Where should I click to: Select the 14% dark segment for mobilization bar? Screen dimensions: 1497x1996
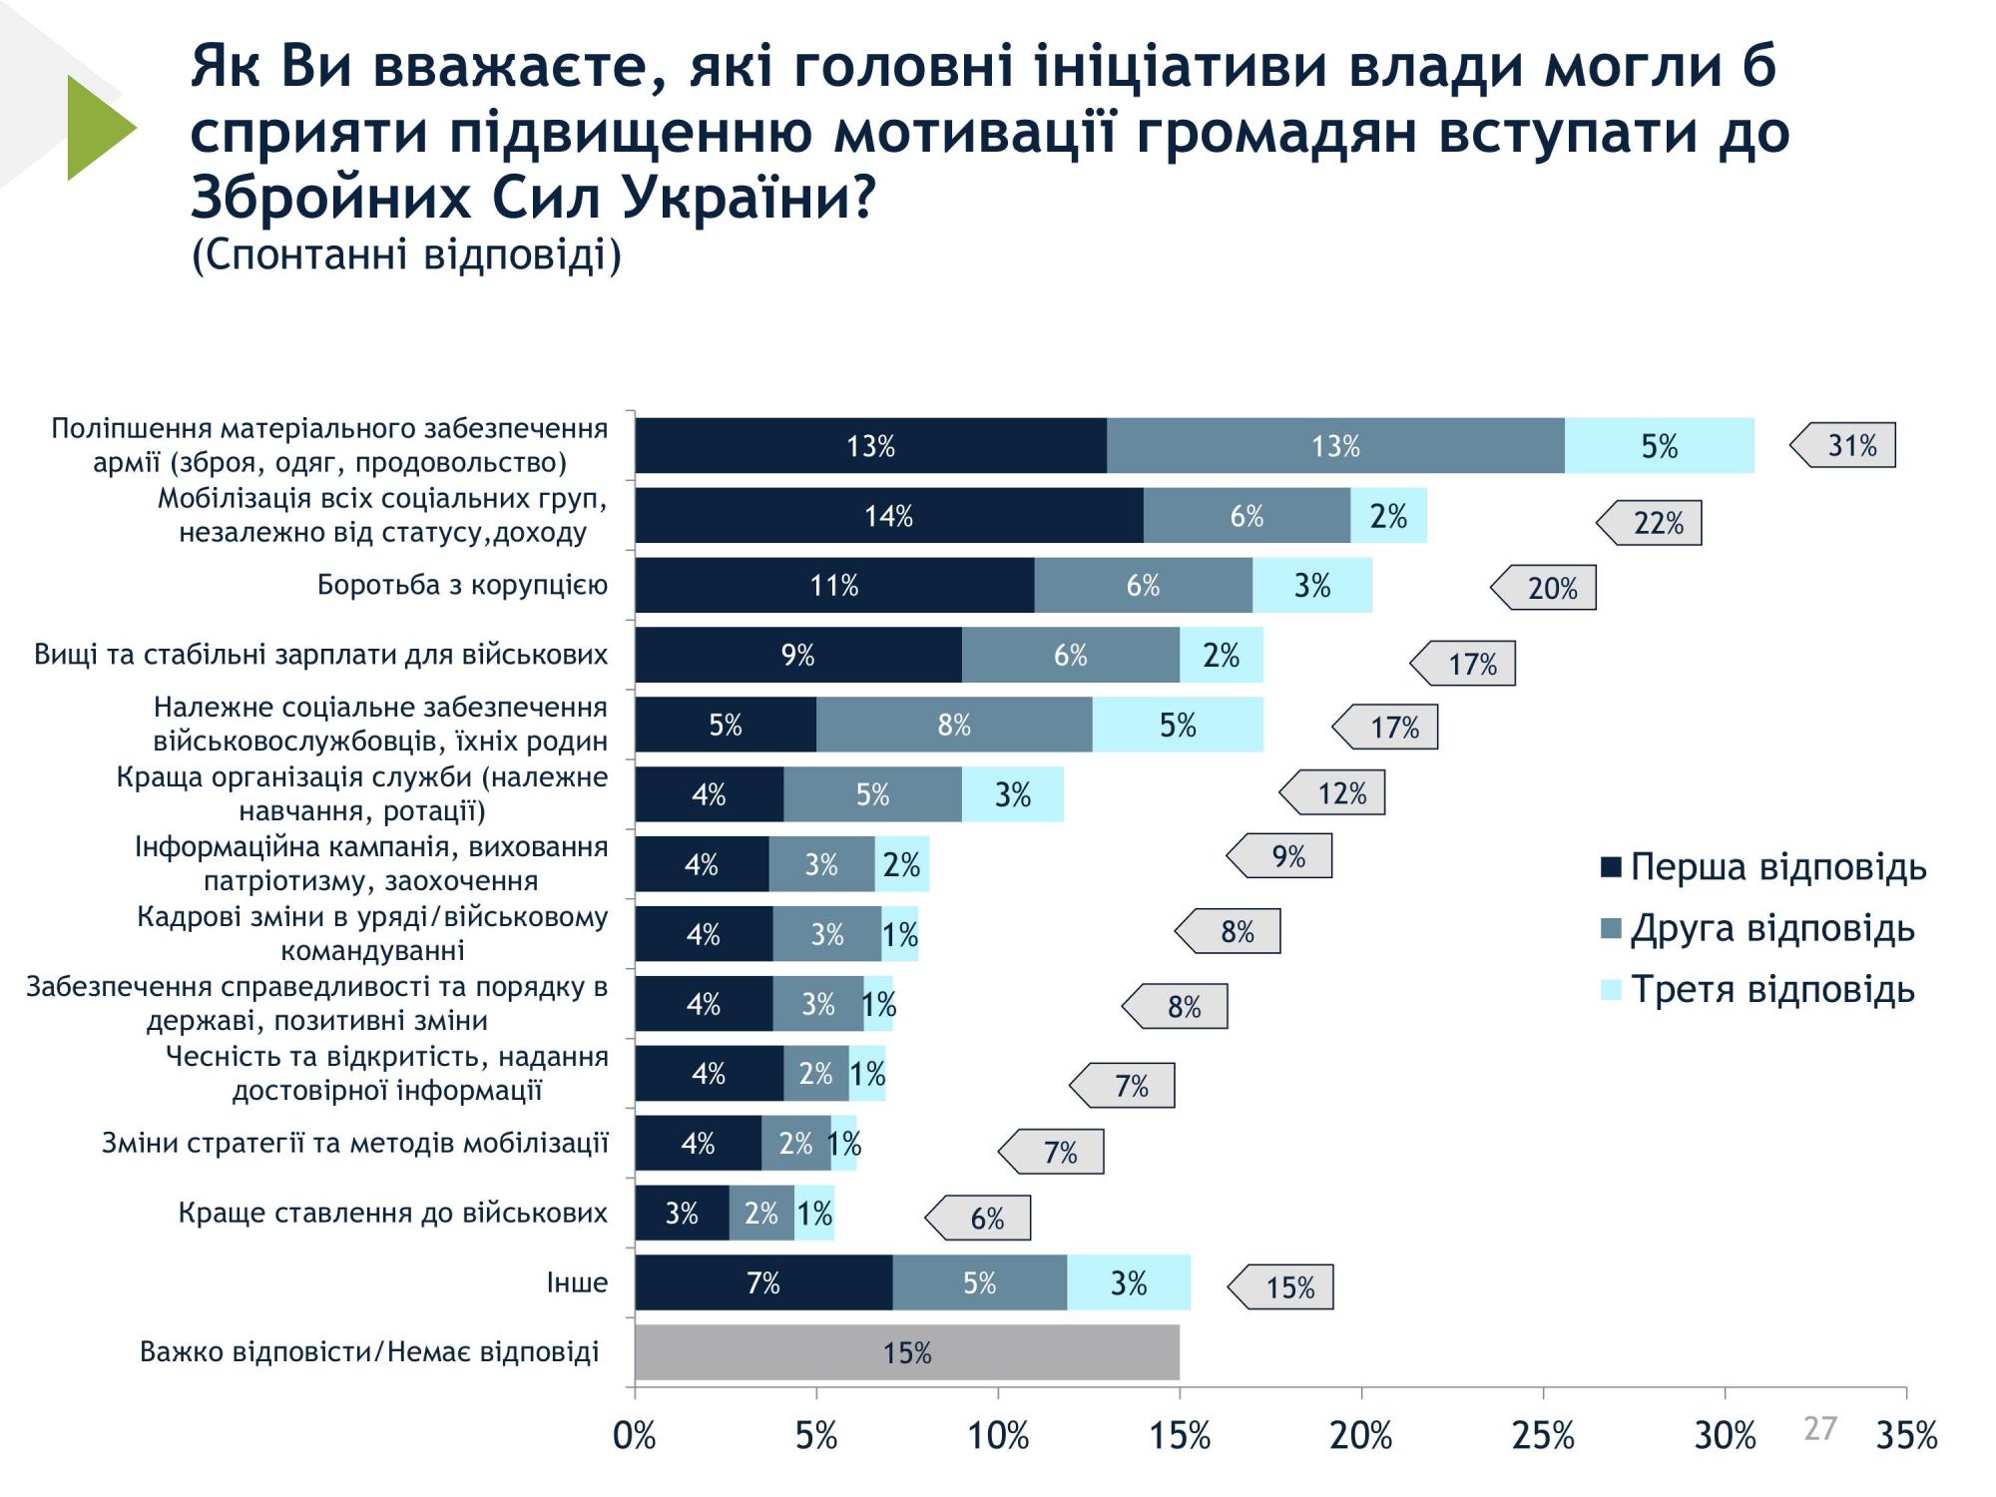[888, 516]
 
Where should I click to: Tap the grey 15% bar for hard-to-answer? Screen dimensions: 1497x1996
[906, 1353]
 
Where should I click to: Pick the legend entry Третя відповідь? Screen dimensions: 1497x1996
[1758, 990]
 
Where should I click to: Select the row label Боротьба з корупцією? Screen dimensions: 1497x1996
[462, 585]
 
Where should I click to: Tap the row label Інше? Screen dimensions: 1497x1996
[577, 1282]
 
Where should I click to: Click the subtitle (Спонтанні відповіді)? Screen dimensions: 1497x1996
[406, 255]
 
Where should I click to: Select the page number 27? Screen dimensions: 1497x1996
[1819, 1429]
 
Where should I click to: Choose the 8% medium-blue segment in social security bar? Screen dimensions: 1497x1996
[953, 725]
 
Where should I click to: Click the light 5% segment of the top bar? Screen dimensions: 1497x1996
[1659, 446]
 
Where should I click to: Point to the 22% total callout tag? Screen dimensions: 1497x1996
[1653, 523]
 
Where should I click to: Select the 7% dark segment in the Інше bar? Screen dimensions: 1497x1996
[762, 1283]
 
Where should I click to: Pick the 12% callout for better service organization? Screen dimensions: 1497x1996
[1336, 793]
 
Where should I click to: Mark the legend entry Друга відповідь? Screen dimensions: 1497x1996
[1758, 929]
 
